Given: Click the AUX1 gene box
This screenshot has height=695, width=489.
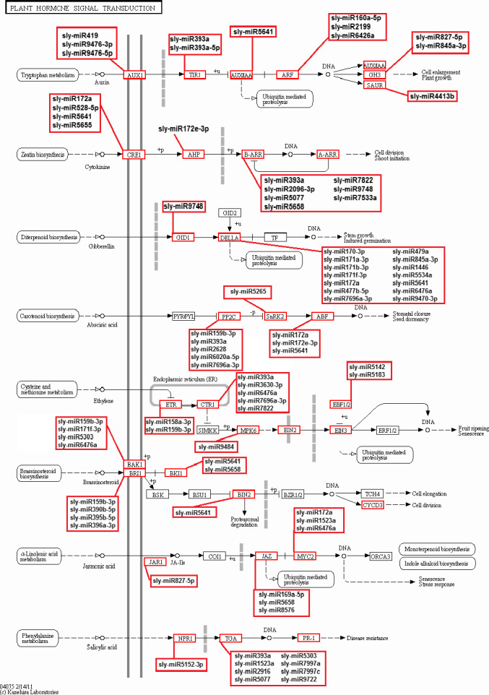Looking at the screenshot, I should pos(135,74).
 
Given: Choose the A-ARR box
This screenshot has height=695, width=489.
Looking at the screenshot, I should pos(328,155).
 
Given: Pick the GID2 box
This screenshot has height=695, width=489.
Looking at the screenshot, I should pos(230,212).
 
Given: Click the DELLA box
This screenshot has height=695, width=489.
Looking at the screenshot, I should pos(229,237).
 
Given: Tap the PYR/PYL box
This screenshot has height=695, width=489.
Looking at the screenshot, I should pos(183,316).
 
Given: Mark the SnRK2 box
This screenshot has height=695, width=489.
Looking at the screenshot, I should pos(276,316).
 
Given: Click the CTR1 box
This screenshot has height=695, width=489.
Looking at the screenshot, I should pos(208,405).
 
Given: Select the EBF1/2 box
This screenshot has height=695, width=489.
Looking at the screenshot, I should pos(341,404).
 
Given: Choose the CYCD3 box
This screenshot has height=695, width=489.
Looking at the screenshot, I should pos(373,504).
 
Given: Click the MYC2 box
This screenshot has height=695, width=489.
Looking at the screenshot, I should pos(305,556).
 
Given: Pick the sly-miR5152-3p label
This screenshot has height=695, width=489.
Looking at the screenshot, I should pos(181,663).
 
